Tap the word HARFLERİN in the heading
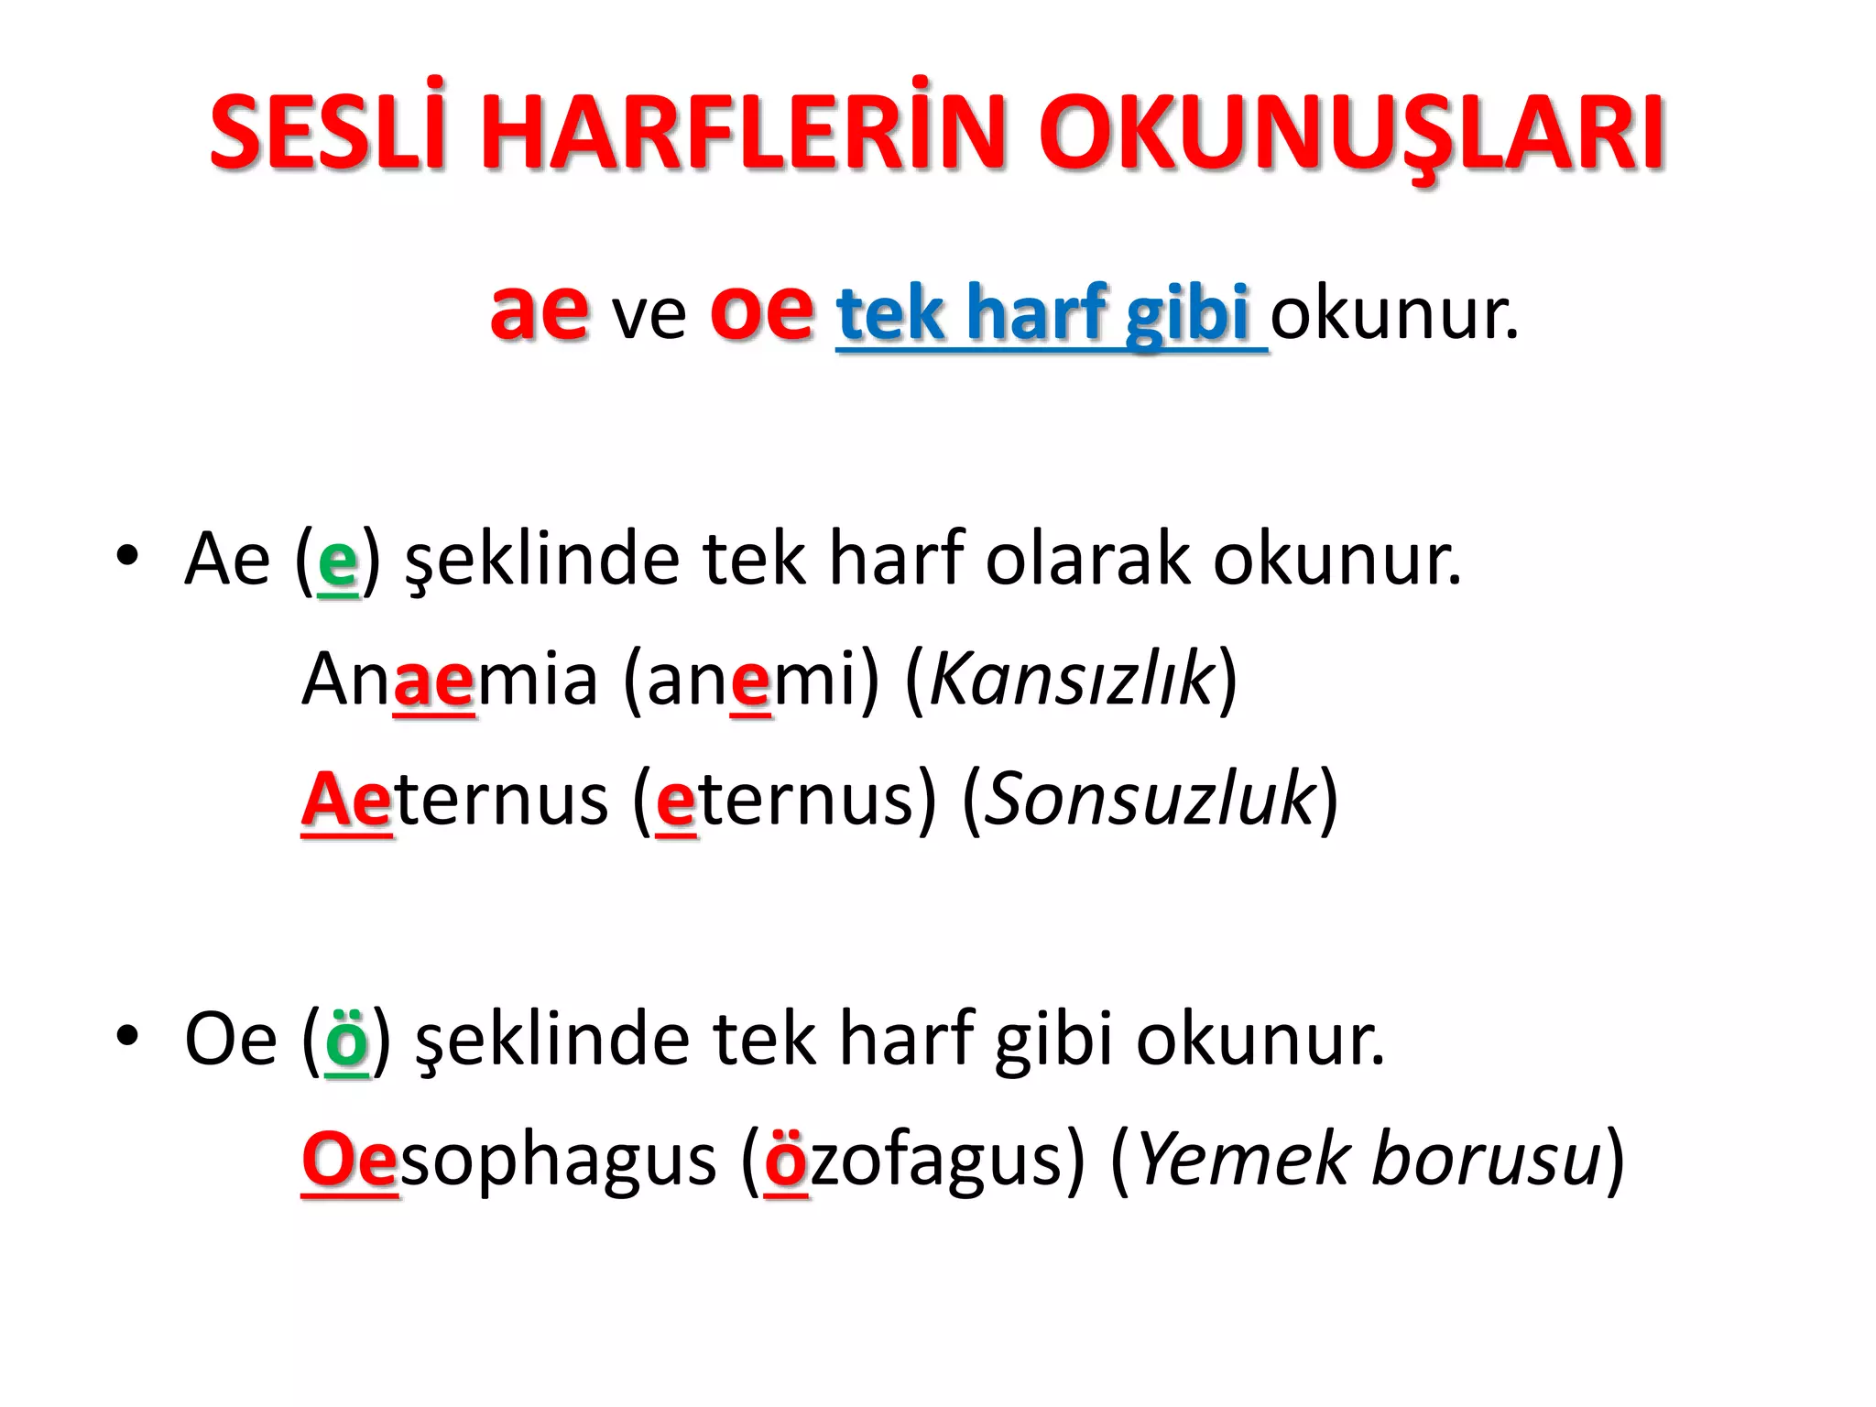click(x=743, y=133)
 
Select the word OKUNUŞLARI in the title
click(x=1351, y=133)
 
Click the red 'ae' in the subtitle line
click(x=539, y=311)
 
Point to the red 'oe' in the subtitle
click(x=761, y=311)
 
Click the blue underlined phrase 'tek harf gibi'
click(x=1044, y=313)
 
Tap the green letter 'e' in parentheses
click(x=337, y=562)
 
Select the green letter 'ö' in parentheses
click(x=347, y=1040)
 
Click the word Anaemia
click(x=449, y=680)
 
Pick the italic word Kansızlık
click(x=1071, y=680)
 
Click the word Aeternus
click(x=454, y=800)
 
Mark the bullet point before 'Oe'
click(x=127, y=1035)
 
